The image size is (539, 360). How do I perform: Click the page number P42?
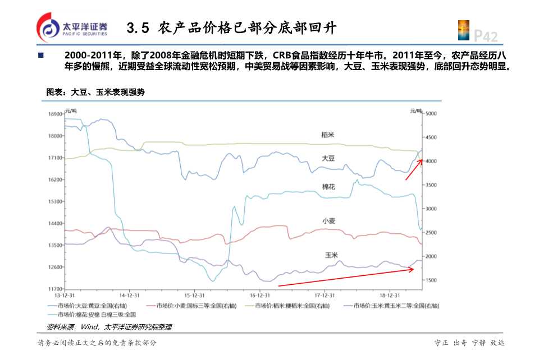click(485, 36)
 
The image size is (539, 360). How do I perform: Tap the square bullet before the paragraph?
click(40, 56)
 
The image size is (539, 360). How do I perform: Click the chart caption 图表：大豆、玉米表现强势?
click(95, 92)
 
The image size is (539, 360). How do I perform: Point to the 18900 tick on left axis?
click(55, 114)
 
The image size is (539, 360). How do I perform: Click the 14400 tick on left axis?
click(55, 223)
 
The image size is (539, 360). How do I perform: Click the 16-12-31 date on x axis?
click(260, 295)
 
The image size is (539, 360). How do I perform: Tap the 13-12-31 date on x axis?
click(65, 295)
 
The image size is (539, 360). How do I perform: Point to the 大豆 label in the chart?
click(328, 159)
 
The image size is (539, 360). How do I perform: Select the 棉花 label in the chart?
click(328, 187)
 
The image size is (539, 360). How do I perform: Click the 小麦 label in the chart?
click(329, 221)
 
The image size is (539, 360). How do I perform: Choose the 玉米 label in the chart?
click(331, 255)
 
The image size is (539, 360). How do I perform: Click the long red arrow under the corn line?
click(346, 278)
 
